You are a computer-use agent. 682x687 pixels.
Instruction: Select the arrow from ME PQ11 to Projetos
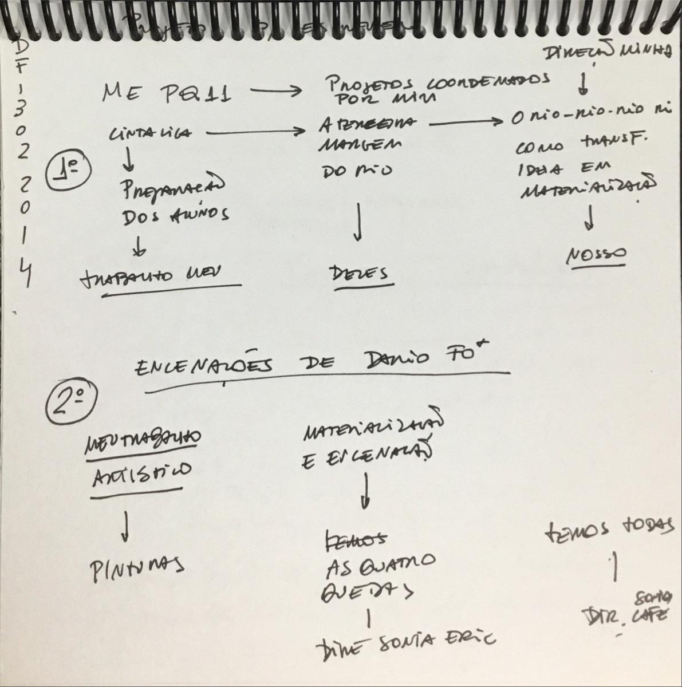[x=275, y=91]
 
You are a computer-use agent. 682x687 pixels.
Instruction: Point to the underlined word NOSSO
[x=596, y=255]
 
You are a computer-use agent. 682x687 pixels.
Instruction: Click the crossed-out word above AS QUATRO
[x=354, y=539]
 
